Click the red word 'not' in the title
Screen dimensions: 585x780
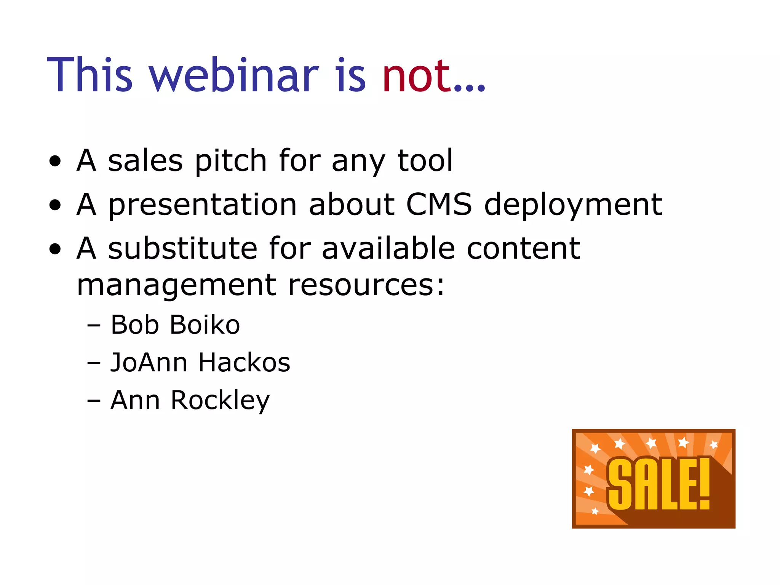coord(417,76)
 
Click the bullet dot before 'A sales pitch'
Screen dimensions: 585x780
coord(55,161)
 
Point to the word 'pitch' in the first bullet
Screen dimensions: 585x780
coord(230,161)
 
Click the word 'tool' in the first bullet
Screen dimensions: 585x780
coord(425,161)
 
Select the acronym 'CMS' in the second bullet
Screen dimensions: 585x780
coord(439,205)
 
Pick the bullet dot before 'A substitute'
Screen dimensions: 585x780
coord(55,249)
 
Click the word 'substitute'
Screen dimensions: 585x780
coord(182,248)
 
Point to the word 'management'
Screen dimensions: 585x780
coord(176,286)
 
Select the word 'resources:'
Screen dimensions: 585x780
coord(366,285)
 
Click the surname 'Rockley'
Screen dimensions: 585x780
coord(220,401)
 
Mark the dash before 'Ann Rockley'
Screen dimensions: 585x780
coord(94,401)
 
